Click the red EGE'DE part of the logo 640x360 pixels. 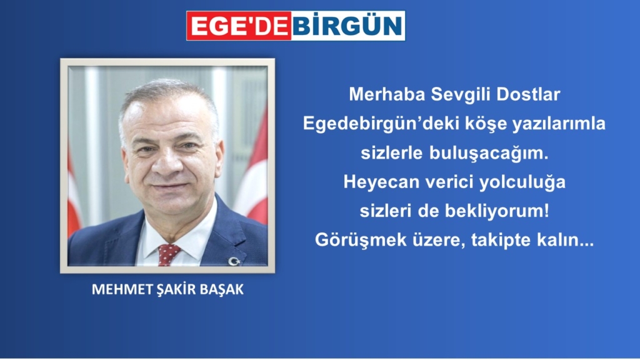[x=239, y=26]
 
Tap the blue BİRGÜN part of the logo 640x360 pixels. [x=347, y=26]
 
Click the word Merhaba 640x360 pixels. [x=387, y=95]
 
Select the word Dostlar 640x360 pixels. [x=528, y=95]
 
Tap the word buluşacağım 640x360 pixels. [x=489, y=154]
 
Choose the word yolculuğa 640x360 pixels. [x=522, y=182]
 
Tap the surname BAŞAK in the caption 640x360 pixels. [x=222, y=289]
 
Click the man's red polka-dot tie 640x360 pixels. [x=167, y=254]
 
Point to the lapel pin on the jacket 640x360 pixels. [x=234, y=261]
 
